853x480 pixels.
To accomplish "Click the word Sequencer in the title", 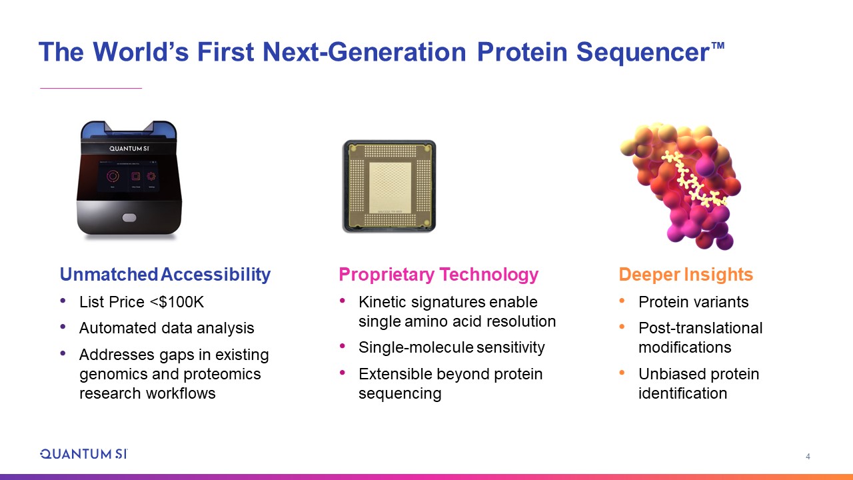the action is pyautogui.click(x=643, y=52).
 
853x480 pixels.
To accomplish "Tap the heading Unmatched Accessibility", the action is pyautogui.click(x=165, y=274).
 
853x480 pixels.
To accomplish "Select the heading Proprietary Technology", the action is pyautogui.click(x=438, y=275).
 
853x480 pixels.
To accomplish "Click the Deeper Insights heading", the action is pyautogui.click(x=686, y=275).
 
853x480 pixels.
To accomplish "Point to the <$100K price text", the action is pyautogui.click(x=177, y=302).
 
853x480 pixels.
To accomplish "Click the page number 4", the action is pyautogui.click(x=808, y=457).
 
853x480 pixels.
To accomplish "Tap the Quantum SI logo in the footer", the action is pyautogui.click(x=84, y=454).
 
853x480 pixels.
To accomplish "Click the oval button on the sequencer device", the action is pyautogui.click(x=129, y=217).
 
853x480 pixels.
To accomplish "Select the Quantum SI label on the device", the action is pyautogui.click(x=129, y=149).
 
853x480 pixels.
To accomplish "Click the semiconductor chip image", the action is pyautogui.click(x=389, y=186).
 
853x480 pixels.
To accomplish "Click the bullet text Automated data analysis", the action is pyautogui.click(x=167, y=328).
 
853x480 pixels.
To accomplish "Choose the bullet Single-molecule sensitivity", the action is pyautogui.click(x=452, y=347).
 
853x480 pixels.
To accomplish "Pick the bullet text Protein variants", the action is pyautogui.click(x=694, y=302).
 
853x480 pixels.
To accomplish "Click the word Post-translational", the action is pyautogui.click(x=700, y=328).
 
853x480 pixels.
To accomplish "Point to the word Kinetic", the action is pyautogui.click(x=383, y=302).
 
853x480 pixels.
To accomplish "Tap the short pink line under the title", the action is pyautogui.click(x=91, y=89).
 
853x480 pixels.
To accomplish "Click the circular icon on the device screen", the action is pyautogui.click(x=113, y=176).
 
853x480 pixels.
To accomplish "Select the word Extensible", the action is pyautogui.click(x=395, y=374).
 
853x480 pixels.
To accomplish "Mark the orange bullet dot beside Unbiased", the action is pyautogui.click(x=622, y=372).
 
